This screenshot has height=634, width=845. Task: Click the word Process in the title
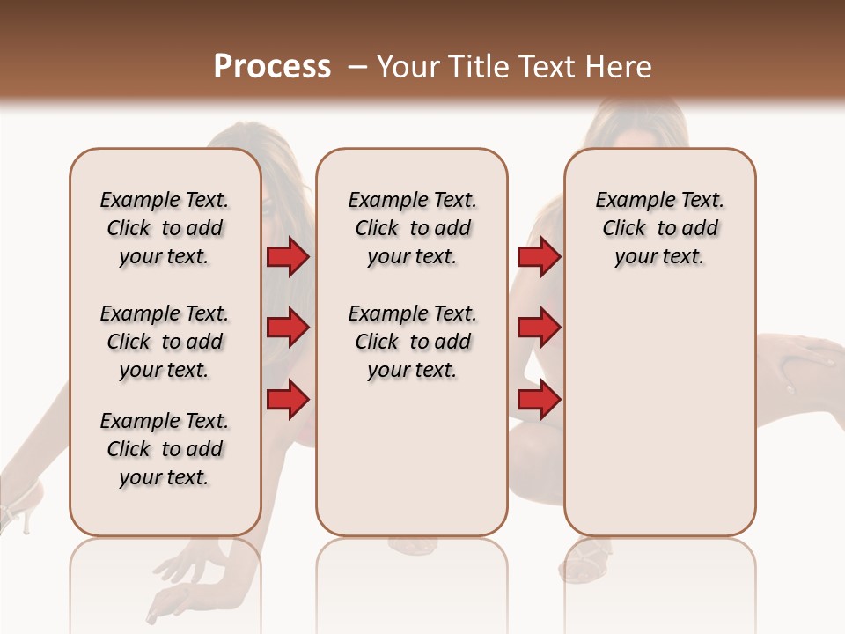(272, 67)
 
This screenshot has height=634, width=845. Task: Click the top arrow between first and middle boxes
(288, 257)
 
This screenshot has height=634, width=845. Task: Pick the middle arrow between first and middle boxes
(288, 328)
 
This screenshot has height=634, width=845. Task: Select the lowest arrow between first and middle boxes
(288, 400)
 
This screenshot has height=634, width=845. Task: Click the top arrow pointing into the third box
(539, 257)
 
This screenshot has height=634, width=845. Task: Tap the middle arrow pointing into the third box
(539, 328)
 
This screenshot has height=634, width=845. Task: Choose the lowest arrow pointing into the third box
(539, 400)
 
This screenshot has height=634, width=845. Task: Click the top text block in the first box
(165, 228)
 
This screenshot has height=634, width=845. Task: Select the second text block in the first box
(165, 342)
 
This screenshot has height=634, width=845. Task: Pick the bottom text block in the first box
(165, 449)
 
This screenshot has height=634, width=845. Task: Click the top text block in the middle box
(413, 228)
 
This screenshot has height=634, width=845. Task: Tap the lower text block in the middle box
(413, 342)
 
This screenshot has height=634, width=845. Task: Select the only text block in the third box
(660, 228)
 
